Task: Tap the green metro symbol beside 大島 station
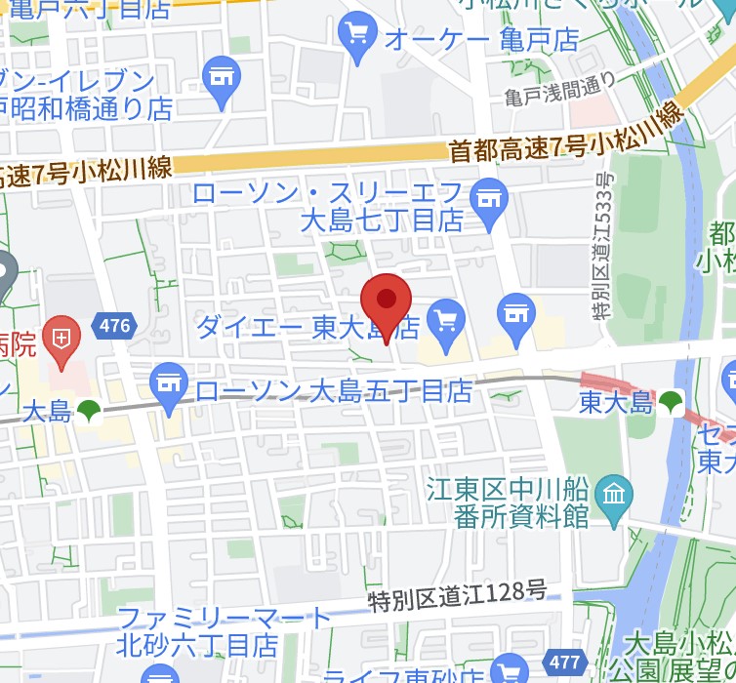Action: pyautogui.click(x=90, y=411)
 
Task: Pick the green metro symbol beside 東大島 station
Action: pyautogui.click(x=671, y=401)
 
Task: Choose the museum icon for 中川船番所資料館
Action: pyautogui.click(x=613, y=493)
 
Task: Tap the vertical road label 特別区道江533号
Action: pyautogui.click(x=604, y=245)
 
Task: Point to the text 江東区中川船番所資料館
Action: pyautogui.click(x=509, y=501)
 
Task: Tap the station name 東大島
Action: pyautogui.click(x=615, y=401)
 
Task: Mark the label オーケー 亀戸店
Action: pyautogui.click(x=481, y=40)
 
